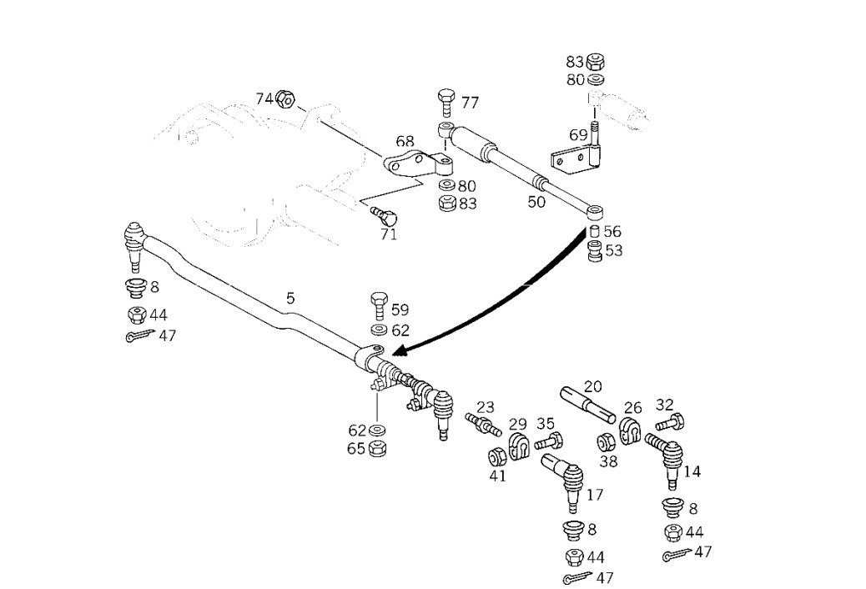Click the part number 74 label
click(x=264, y=98)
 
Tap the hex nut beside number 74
click(x=284, y=100)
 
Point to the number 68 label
click(x=405, y=141)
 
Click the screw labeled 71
click(x=385, y=215)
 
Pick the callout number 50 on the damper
click(x=536, y=201)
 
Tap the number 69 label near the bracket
click(x=578, y=134)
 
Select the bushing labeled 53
click(x=594, y=250)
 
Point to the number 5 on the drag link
click(x=290, y=298)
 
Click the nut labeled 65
click(x=376, y=448)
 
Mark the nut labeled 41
click(x=496, y=457)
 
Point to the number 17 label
click(x=594, y=495)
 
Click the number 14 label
click(x=692, y=471)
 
